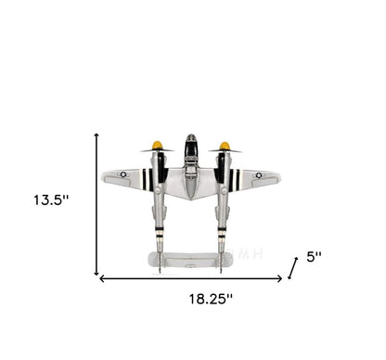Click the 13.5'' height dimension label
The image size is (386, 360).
click(x=51, y=199)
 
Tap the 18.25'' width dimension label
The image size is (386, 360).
click(x=211, y=299)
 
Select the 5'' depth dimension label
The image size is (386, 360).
click(x=314, y=257)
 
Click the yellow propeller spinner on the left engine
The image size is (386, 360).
click(x=157, y=145)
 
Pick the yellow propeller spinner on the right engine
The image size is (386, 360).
click(x=225, y=146)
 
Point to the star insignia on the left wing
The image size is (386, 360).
click(x=123, y=174)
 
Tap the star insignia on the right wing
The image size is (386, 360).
click(x=259, y=175)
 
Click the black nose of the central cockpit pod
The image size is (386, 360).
click(x=191, y=146)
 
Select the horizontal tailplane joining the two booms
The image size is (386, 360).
click(x=190, y=260)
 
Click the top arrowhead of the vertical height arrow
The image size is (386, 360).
click(x=96, y=135)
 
